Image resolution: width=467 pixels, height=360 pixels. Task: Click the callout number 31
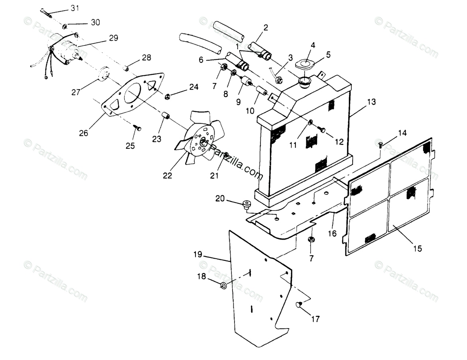coord(75,8)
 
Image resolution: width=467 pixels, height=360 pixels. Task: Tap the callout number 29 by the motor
coord(113,38)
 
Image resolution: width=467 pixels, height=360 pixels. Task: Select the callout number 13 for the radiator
coord(371,102)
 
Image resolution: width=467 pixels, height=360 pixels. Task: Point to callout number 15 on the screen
coord(417,249)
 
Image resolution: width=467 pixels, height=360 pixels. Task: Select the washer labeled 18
coord(224,285)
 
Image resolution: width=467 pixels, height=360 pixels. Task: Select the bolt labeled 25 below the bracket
coord(138,129)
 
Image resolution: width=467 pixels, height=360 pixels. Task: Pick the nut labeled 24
coord(168,96)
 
